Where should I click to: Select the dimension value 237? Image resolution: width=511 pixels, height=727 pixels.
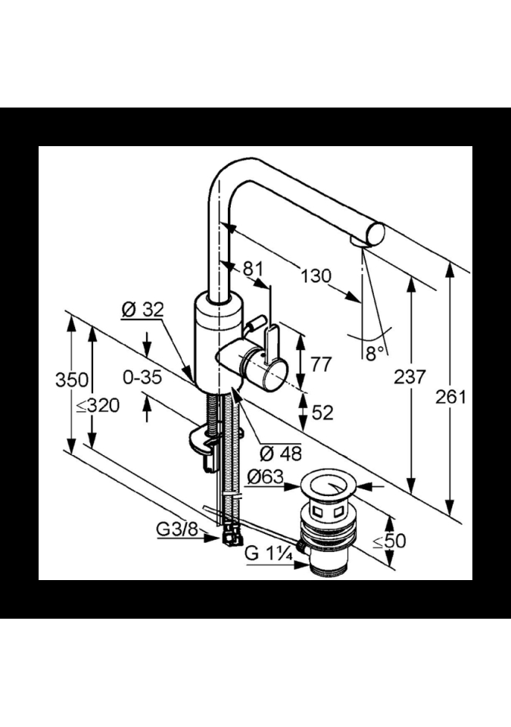(410, 377)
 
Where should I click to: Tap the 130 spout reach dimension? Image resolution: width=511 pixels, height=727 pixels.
(316, 277)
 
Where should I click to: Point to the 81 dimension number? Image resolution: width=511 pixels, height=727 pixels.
(252, 269)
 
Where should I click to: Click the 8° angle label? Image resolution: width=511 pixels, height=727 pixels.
(375, 354)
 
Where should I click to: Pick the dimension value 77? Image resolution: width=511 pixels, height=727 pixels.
(321, 364)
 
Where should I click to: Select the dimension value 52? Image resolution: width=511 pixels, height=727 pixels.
(322, 413)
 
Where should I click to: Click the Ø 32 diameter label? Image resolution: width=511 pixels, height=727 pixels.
(143, 310)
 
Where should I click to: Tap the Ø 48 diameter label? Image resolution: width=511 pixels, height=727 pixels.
(281, 454)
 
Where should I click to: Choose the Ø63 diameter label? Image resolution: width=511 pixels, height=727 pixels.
(265, 477)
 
